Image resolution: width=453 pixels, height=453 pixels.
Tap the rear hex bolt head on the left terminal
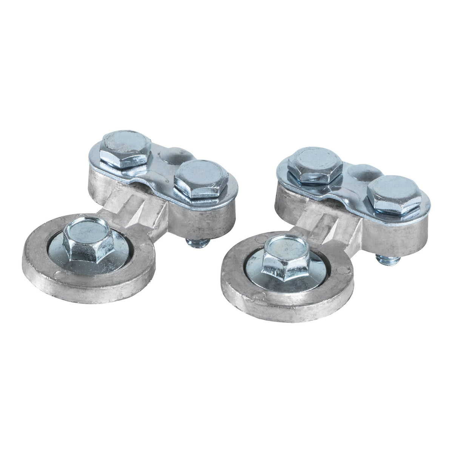click(126, 148)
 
